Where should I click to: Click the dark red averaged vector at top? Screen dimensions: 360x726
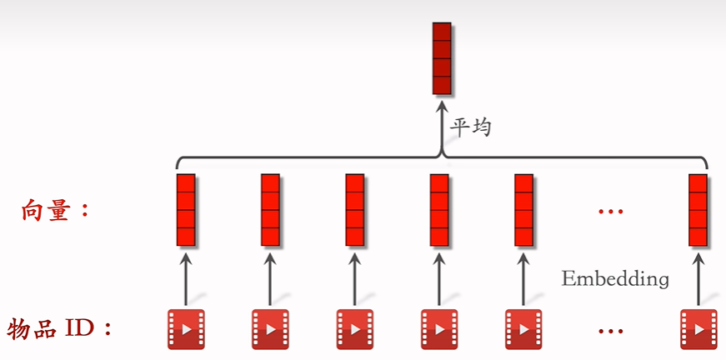(442, 58)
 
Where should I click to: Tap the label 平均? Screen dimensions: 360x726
(471, 127)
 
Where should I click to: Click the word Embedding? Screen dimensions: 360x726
(615, 278)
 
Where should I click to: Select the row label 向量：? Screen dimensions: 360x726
(55, 210)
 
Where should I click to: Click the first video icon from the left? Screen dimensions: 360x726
(185, 327)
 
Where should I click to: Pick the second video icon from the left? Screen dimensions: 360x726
(269, 327)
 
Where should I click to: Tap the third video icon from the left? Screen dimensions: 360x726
(354, 327)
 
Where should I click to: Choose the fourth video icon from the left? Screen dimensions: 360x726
(438, 327)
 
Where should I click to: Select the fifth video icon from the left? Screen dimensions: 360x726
(523, 327)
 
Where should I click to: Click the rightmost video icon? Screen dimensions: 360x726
(698, 327)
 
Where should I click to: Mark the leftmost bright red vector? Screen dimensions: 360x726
(186, 210)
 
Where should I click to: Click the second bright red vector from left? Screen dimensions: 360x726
(270, 210)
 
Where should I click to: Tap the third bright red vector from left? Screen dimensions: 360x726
(355, 210)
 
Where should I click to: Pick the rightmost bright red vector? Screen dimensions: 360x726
(698, 210)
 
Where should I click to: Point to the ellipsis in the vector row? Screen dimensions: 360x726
(611, 212)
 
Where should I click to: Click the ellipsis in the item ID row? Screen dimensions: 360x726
(611, 331)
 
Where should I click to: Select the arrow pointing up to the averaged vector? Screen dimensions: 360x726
(442, 125)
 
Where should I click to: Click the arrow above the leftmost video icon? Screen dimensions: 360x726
(186, 279)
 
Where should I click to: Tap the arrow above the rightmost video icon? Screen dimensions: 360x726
(698, 279)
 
